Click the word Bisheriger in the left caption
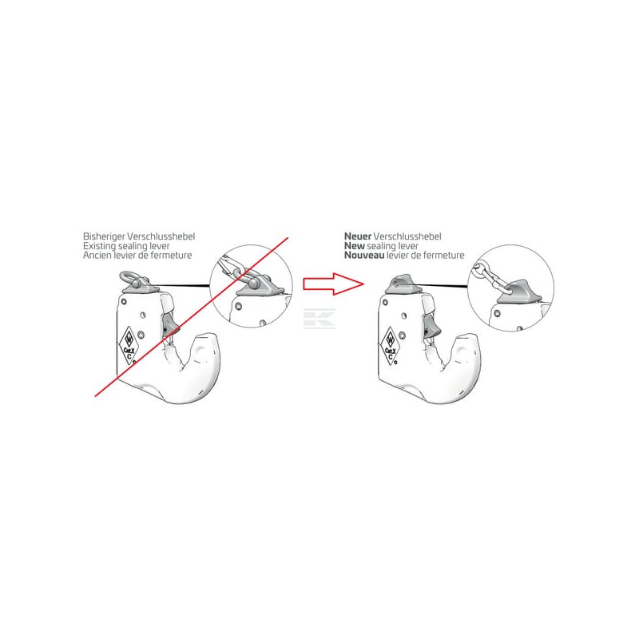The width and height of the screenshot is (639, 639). point(104,236)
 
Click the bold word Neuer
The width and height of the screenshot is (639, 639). point(358,236)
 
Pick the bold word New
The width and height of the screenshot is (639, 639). point(354,246)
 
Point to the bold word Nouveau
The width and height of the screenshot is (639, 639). point(364,256)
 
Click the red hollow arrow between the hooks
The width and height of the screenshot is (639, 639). point(333,284)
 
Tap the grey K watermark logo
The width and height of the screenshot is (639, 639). point(319,318)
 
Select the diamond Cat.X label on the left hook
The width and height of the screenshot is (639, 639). point(129,345)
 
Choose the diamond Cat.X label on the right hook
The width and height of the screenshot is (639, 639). point(391,346)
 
